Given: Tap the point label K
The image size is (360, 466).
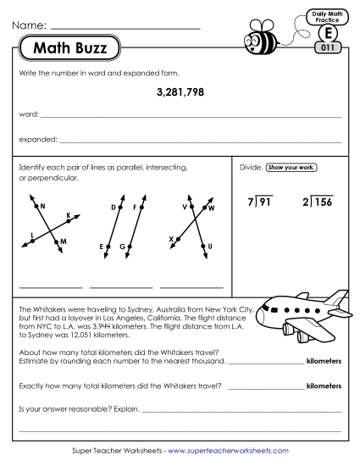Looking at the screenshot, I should click(69, 215).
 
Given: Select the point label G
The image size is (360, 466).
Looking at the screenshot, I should click(122, 247).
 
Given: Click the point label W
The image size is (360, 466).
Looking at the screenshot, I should click(212, 208).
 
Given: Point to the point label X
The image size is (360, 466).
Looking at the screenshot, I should click(171, 239).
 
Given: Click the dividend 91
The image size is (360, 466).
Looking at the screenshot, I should click(265, 202).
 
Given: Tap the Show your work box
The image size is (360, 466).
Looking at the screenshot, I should click(291, 168).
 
